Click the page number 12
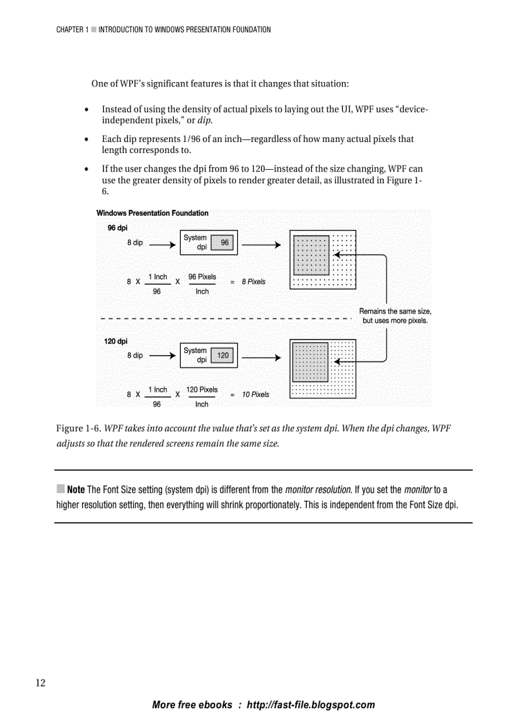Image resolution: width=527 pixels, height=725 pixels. pyautogui.click(x=40, y=683)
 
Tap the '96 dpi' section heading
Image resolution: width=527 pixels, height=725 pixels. pyautogui.click(x=117, y=228)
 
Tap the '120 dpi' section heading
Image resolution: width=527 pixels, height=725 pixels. pyautogui.click(x=116, y=341)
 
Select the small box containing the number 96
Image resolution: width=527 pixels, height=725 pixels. pyautogui.click(x=224, y=243)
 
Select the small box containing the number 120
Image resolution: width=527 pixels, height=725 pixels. pyautogui.click(x=222, y=356)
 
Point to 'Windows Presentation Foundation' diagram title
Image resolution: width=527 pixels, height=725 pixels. pyautogui.click(x=152, y=213)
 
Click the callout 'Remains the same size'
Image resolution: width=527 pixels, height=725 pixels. pyautogui.click(x=395, y=311)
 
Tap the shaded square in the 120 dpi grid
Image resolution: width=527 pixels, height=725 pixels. pyautogui.click(x=311, y=362)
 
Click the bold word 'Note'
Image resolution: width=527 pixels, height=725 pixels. pyautogui.click(x=76, y=489)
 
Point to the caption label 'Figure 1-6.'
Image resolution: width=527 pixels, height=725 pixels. pyautogui.click(x=79, y=429)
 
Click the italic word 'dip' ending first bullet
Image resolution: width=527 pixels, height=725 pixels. pyautogui.click(x=204, y=121)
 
